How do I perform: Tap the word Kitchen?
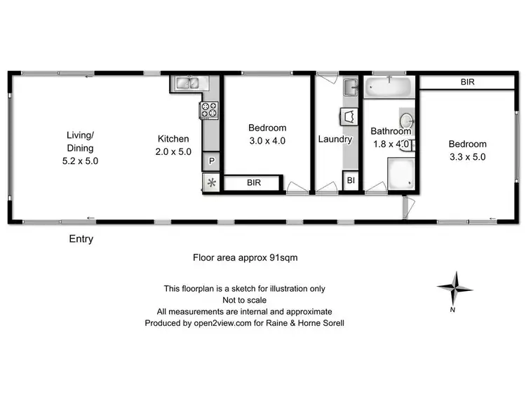point(173,139)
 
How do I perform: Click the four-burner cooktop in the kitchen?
point(210,110)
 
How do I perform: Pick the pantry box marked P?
point(210,161)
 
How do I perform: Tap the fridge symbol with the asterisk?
point(210,183)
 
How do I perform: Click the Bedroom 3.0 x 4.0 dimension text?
point(267,140)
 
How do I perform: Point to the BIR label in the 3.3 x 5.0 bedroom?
point(467,82)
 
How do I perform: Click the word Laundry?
point(335,139)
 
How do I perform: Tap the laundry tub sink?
point(351,88)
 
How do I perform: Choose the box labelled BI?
point(351,181)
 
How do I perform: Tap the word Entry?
point(81,239)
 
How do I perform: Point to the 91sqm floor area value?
point(284,257)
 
